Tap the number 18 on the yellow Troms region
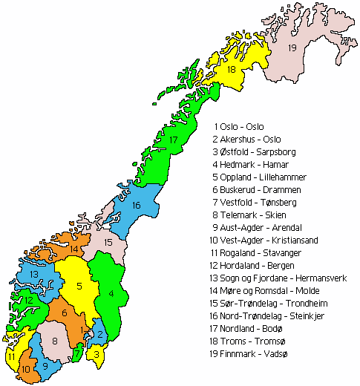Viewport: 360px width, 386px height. pos(232,70)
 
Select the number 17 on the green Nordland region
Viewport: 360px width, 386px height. pos(172,140)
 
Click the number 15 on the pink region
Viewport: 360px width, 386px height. pos(108,242)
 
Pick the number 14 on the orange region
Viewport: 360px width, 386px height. pos(73,249)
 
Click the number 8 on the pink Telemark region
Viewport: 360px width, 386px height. pos(55,340)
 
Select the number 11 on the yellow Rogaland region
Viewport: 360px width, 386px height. pos(11,356)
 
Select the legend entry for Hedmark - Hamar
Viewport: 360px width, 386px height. pos(252,165)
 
